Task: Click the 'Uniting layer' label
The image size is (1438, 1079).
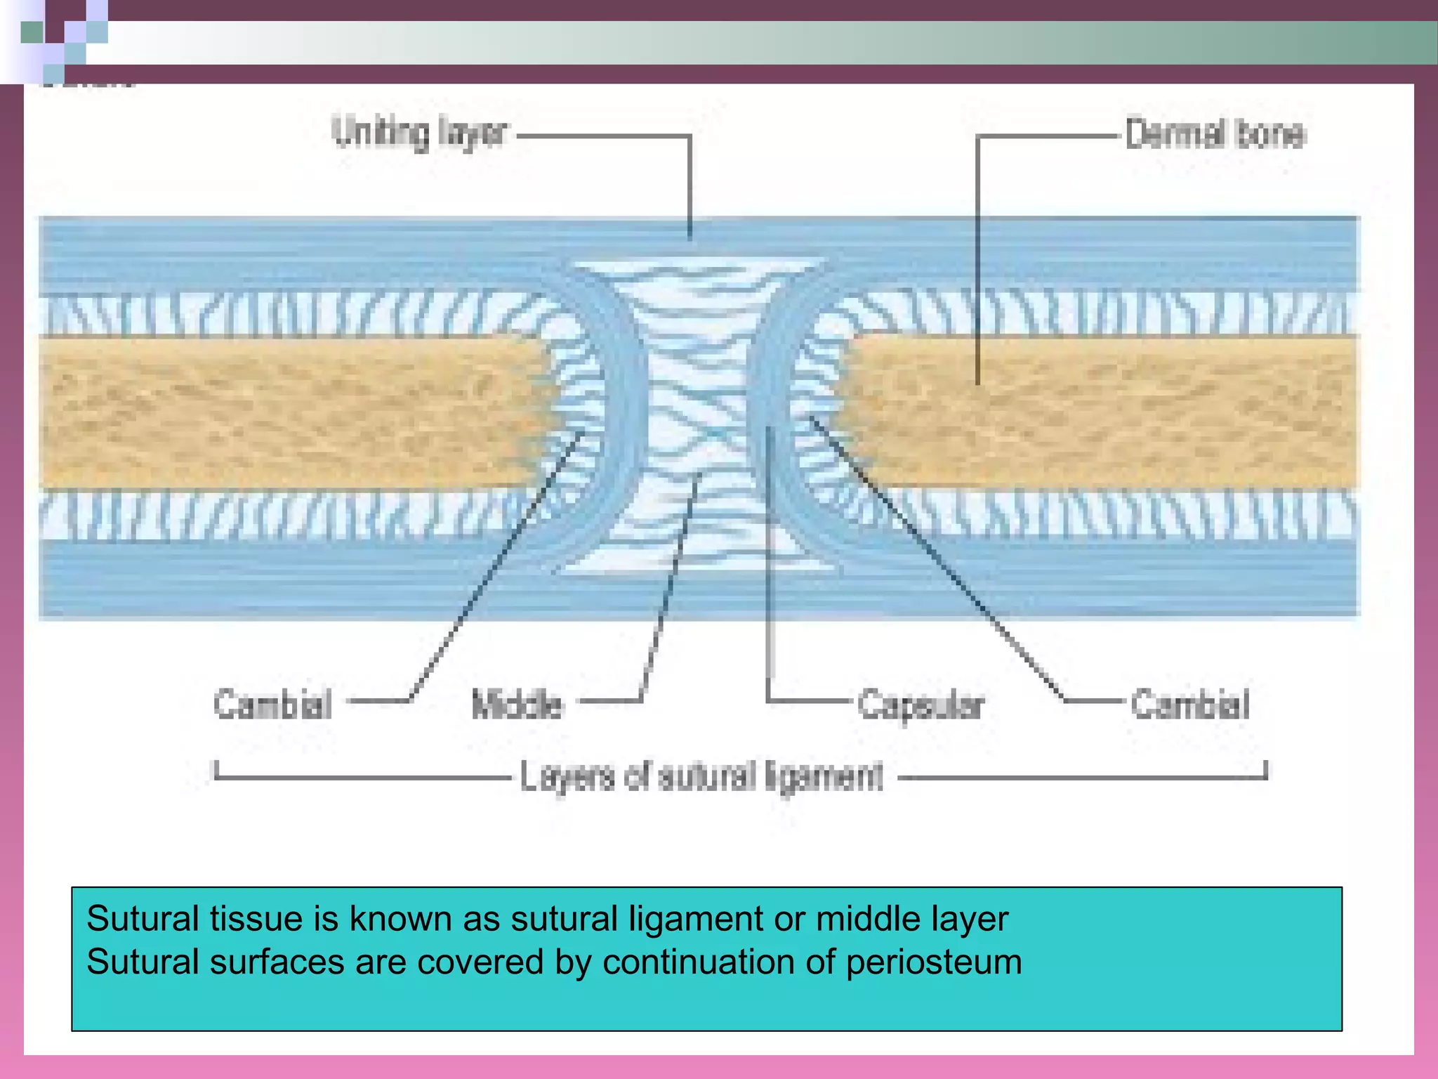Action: coord(419,133)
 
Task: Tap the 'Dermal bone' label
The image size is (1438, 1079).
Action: coord(1215,133)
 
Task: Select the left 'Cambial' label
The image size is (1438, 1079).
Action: coord(272,704)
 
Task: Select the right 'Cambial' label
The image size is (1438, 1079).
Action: coord(1190,704)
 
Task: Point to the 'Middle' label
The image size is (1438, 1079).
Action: coord(517,704)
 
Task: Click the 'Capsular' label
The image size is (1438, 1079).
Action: coord(921,704)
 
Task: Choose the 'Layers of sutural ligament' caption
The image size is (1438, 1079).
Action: coord(701,777)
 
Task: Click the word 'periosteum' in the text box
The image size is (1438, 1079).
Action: coord(934,962)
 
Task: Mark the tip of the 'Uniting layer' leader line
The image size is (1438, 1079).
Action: coord(690,239)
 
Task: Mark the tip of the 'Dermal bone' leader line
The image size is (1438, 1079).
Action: coord(977,383)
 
